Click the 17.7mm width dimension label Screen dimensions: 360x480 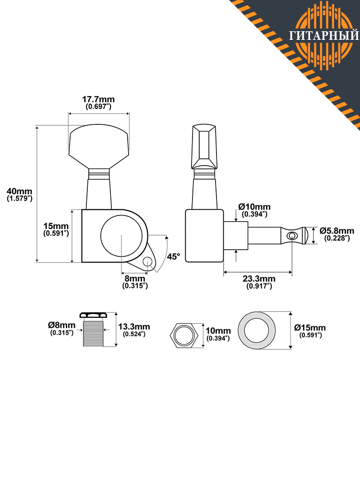click(x=98, y=99)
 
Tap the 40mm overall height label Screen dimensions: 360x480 click(x=20, y=192)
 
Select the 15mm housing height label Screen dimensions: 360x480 click(x=56, y=226)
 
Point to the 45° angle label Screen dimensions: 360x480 click(x=174, y=256)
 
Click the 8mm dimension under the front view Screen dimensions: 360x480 click(x=135, y=279)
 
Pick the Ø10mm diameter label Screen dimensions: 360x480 click(x=254, y=206)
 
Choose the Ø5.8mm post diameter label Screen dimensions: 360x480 click(x=337, y=230)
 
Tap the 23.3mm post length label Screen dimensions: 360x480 click(x=259, y=279)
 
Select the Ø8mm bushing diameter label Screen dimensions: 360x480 click(x=61, y=325)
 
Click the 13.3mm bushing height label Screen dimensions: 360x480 click(x=134, y=326)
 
